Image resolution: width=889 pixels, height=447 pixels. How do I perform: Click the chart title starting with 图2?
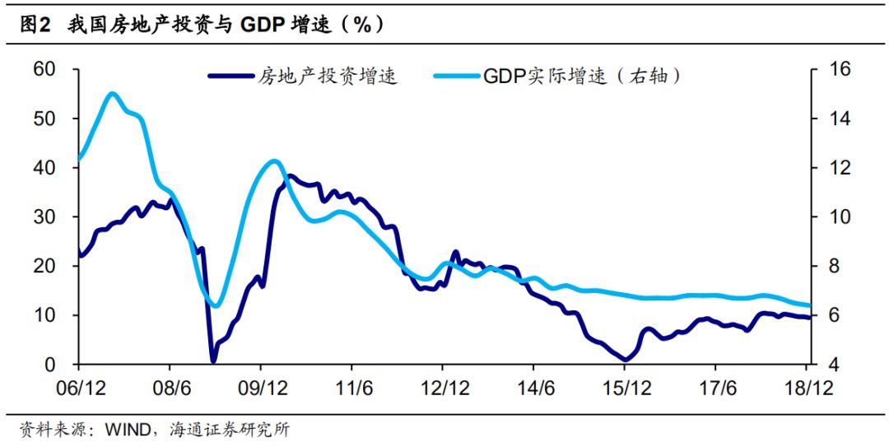coord(202,25)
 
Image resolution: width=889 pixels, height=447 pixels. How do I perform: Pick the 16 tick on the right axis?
coord(834,69)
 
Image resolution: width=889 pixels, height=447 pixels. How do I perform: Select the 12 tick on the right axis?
coord(834,168)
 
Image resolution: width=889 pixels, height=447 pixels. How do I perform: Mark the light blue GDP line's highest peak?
coord(113,94)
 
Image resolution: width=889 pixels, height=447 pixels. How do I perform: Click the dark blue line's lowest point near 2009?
coord(213,361)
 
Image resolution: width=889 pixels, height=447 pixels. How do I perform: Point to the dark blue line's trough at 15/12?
coord(625,360)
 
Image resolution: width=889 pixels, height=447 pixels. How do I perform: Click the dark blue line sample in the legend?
coord(230,77)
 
